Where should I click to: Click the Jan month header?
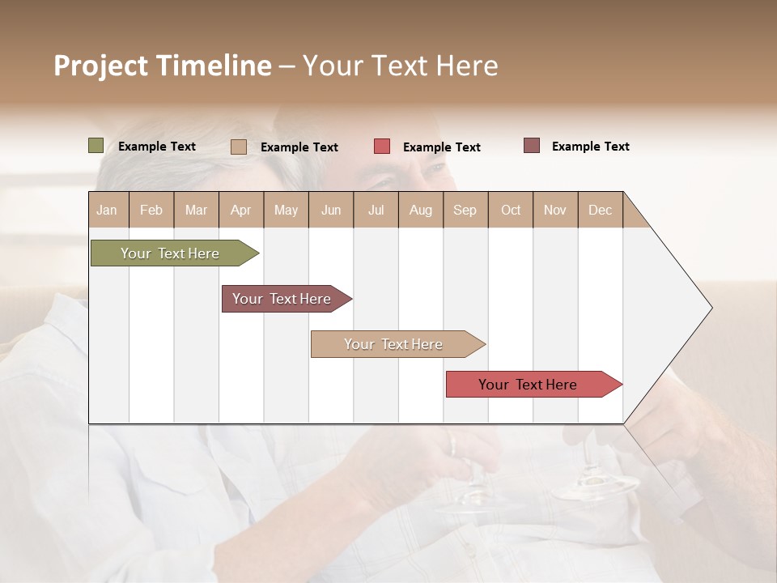pos(107,210)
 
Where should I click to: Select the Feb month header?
pos(151,210)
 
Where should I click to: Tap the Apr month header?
pos(240,210)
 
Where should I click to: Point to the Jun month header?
pos(331,210)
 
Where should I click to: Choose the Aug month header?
pos(420,210)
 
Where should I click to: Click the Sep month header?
pos(465,210)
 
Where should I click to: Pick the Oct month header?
pos(511,210)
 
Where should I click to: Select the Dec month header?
pos(600,210)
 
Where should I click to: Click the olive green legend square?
pos(96,146)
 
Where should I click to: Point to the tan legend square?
pos(238,147)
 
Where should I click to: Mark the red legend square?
pos(382,147)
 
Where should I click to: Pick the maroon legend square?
pos(531,146)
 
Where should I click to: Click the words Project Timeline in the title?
pos(163,66)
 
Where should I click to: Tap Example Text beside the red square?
pos(441,147)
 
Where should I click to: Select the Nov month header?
pos(554,210)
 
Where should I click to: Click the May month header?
pos(286,210)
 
